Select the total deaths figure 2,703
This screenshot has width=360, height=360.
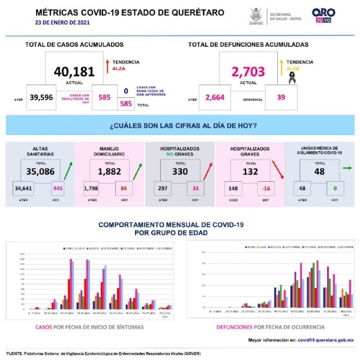click(248, 72)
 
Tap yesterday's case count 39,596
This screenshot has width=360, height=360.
click(41, 97)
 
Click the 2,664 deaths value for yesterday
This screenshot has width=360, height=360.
click(214, 97)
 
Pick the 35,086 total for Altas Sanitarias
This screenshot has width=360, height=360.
click(40, 171)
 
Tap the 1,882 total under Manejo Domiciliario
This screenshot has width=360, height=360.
click(110, 171)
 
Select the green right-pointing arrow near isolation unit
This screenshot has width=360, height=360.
click(346, 169)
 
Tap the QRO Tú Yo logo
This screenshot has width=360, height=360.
click(323, 15)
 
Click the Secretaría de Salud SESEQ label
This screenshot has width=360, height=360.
click(289, 15)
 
